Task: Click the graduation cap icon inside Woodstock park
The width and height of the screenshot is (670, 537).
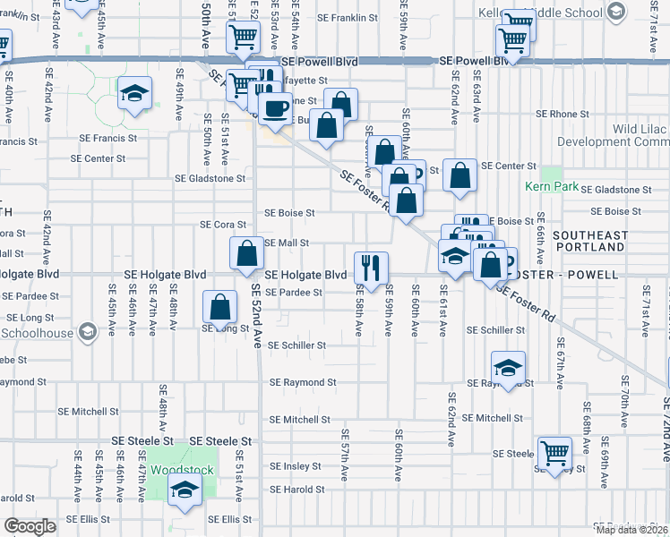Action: point(185,490)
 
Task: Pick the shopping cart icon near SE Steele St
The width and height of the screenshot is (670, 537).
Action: point(554,452)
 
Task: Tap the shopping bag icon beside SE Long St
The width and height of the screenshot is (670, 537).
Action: point(219,307)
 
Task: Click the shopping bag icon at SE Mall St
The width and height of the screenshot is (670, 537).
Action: point(246,252)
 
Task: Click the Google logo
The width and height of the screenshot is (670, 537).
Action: point(30,526)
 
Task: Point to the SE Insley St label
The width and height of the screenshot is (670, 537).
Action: point(296,466)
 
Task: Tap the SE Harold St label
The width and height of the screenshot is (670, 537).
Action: point(299,490)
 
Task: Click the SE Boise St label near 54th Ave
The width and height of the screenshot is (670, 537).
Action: point(289,213)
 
